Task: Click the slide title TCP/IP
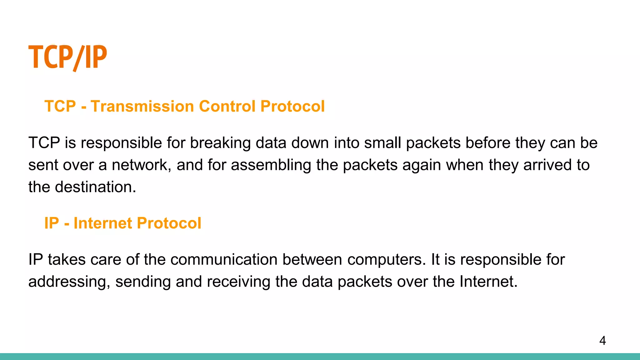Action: tap(67, 57)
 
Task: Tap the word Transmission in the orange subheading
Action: tap(142, 106)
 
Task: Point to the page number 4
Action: tap(602, 341)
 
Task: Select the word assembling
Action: tap(271, 165)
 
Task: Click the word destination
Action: tap(95, 187)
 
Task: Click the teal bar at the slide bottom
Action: tap(320, 357)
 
